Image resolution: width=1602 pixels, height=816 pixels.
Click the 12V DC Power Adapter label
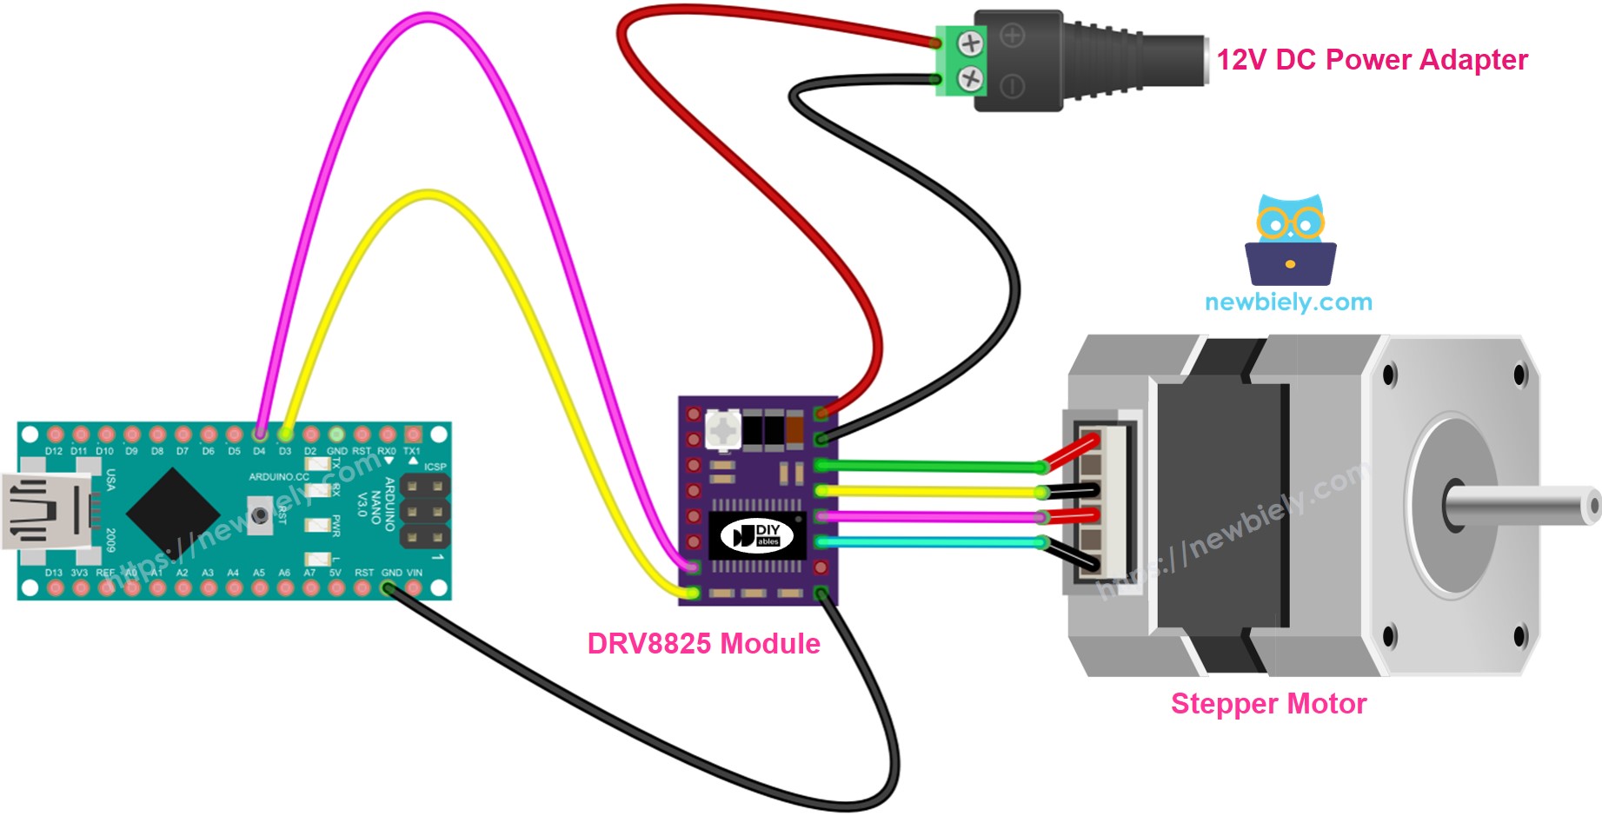[1371, 60]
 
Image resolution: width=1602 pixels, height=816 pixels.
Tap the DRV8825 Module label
[703, 644]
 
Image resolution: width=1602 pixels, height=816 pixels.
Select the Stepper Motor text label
[1268, 704]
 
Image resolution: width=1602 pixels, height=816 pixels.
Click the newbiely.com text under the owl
[1288, 302]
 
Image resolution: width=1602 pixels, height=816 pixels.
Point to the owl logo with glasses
[1290, 239]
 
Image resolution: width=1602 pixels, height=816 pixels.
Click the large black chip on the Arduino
[174, 512]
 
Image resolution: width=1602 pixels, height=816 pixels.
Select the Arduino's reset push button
[259, 515]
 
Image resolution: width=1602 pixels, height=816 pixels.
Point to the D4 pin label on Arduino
[259, 452]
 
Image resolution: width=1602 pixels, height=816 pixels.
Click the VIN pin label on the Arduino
[415, 573]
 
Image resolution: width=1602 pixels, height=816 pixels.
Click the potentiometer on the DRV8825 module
[721, 429]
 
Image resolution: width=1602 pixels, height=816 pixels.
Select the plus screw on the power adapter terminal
[970, 42]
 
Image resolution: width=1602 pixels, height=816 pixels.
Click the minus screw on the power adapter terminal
[970, 80]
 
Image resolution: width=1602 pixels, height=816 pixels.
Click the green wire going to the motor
[930, 467]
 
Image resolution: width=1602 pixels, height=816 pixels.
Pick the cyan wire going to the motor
[930, 542]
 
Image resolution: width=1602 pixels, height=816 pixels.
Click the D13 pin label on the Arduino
[54, 573]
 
